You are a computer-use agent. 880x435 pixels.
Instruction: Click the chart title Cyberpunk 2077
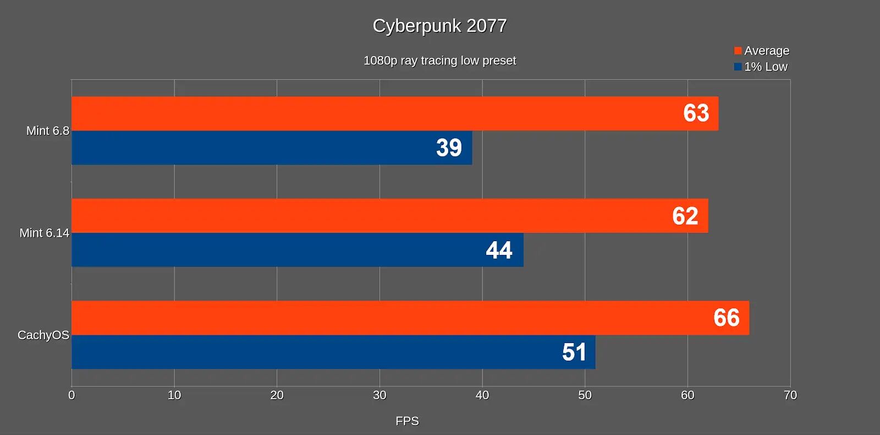point(439,26)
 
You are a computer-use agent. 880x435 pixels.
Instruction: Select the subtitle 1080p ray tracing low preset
point(439,61)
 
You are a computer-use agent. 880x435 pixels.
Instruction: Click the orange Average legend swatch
point(738,51)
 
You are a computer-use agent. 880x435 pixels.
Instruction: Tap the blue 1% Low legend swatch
point(738,67)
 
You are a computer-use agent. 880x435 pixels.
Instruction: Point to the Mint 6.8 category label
point(48,131)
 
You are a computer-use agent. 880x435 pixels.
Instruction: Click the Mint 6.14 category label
point(44,233)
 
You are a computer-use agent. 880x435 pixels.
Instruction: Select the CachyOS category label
point(43,335)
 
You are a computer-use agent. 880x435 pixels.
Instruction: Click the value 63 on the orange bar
point(696,113)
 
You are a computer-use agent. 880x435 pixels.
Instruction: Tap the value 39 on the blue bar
point(449,148)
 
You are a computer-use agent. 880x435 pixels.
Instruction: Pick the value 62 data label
point(685,216)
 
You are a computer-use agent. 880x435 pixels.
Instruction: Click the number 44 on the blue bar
point(499,250)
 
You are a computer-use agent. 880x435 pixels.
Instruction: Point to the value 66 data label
point(726,318)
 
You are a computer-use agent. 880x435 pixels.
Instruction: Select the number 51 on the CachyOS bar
point(574,352)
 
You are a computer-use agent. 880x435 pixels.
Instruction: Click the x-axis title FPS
point(407,421)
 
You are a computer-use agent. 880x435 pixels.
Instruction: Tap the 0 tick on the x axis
point(71,395)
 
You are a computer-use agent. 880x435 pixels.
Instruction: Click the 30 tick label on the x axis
point(380,395)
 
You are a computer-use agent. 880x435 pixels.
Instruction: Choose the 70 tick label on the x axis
point(790,395)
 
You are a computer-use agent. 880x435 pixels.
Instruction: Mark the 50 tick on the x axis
point(585,395)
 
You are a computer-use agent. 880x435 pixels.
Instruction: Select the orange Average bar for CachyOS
point(385,318)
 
